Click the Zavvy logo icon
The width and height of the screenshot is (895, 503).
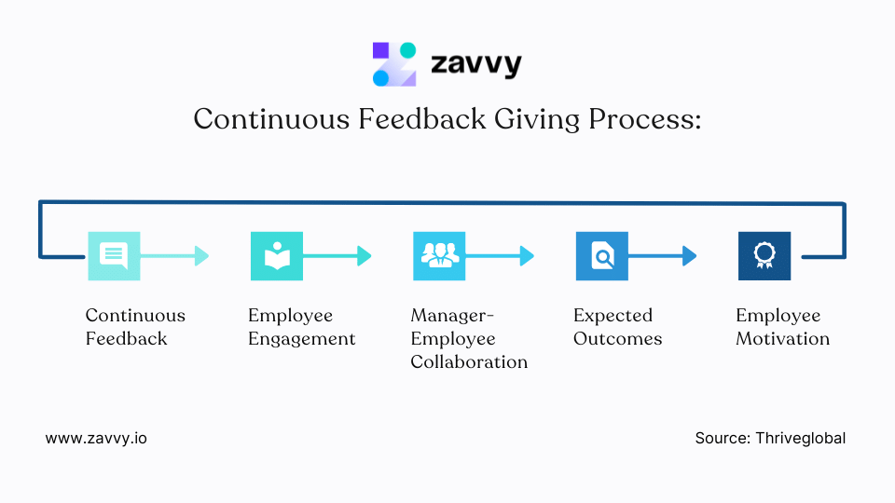394,64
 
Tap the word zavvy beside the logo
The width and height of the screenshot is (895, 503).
475,64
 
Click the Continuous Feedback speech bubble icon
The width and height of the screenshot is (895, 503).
114,255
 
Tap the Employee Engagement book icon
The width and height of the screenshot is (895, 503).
277,255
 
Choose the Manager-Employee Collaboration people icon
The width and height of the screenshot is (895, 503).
439,255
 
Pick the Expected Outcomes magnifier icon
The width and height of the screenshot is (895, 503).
601,255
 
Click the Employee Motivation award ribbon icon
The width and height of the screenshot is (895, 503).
764,255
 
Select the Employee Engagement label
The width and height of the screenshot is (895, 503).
301,327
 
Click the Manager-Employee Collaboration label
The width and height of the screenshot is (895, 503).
469,338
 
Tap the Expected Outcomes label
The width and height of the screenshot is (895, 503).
617,327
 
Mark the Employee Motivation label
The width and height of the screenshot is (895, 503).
782,327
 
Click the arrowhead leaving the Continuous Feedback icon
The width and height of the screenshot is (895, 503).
201,255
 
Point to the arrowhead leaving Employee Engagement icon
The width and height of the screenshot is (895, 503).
365,255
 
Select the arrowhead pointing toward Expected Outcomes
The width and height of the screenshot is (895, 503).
527,255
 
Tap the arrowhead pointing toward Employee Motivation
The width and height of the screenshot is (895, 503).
690,255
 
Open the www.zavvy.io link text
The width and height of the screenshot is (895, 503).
96,438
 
